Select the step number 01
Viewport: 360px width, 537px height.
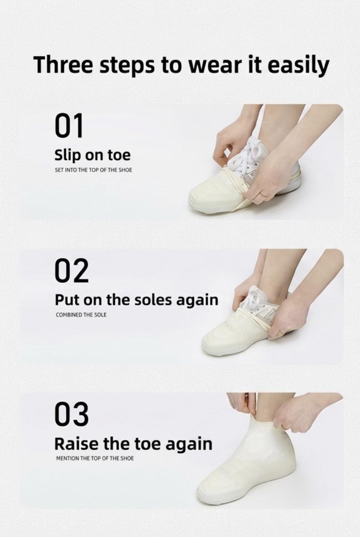click(69, 126)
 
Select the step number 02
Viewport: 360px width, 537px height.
click(71, 271)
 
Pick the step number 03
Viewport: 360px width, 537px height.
click(71, 415)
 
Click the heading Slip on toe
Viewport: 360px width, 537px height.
click(92, 155)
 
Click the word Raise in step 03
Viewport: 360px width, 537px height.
click(76, 444)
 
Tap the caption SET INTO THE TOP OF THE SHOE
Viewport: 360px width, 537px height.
click(93, 170)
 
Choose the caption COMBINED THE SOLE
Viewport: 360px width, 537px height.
click(81, 315)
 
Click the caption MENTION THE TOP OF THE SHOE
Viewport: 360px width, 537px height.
click(95, 458)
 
